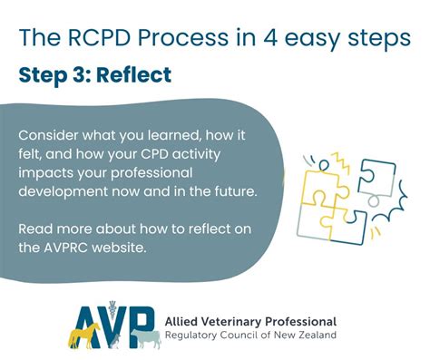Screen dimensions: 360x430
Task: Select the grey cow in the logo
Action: pos(144,338)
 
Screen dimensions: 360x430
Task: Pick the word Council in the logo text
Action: pos(240,337)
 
